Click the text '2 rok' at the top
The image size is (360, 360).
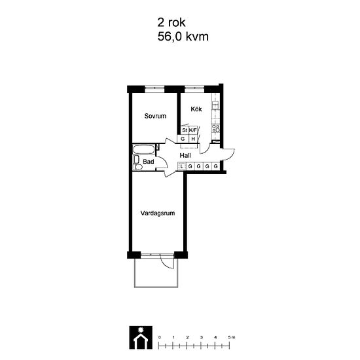pyautogui.click(x=171, y=22)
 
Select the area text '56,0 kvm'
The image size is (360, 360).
pyautogui.click(x=183, y=37)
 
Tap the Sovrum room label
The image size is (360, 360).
pyautogui.click(x=155, y=116)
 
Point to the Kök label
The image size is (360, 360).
pyautogui.click(x=196, y=109)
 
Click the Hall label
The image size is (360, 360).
pyautogui.click(x=185, y=156)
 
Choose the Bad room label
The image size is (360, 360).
pyautogui.click(x=149, y=162)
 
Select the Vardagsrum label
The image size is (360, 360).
pyautogui.click(x=158, y=213)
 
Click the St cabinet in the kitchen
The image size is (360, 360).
pyautogui.click(x=185, y=130)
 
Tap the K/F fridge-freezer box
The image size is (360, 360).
pyautogui.click(x=193, y=130)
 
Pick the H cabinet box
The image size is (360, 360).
pyautogui.click(x=193, y=139)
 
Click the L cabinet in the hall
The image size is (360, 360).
pyautogui.click(x=182, y=166)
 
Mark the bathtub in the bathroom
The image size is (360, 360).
pyautogui.click(x=144, y=149)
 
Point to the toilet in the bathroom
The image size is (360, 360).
pyautogui.click(x=138, y=167)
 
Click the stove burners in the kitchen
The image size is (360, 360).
pyautogui.click(x=216, y=128)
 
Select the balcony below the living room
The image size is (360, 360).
pyautogui.click(x=156, y=273)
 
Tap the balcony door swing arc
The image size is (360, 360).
pyautogui.click(x=165, y=264)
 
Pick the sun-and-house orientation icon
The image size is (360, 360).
pyautogui.click(x=141, y=337)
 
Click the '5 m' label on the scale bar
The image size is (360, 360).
pyautogui.click(x=232, y=337)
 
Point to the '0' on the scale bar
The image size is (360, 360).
pyautogui.click(x=160, y=337)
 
